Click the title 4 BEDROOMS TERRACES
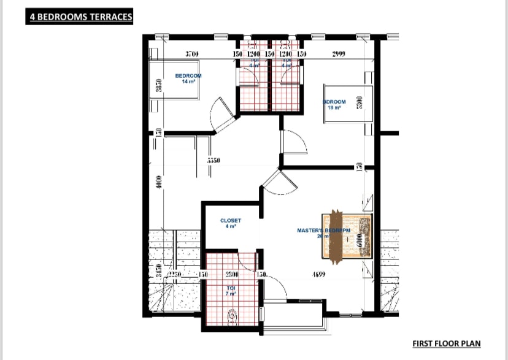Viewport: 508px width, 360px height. point(80,17)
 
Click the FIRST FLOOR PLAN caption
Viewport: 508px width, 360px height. point(446,343)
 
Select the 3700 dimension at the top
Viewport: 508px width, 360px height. point(191,55)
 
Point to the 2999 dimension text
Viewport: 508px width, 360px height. point(339,55)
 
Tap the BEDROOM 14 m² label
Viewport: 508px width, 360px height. point(188,79)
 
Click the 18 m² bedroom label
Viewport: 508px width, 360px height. point(334,105)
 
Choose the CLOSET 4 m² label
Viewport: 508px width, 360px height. point(231,223)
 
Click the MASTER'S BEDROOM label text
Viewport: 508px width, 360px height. point(323,231)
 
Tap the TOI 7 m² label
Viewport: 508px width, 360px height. point(231,289)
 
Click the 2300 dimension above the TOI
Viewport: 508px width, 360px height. point(233,275)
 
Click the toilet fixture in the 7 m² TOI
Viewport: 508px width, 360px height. point(233,315)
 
